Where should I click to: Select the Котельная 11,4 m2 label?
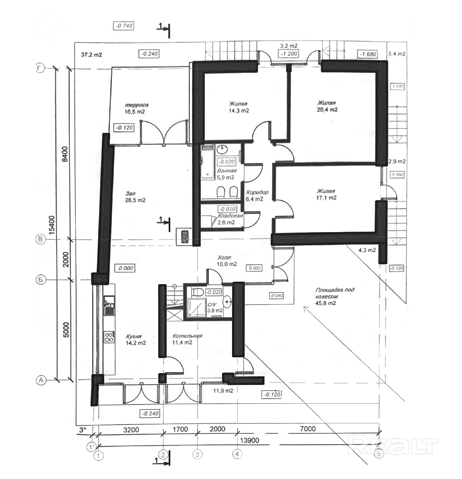(187, 339)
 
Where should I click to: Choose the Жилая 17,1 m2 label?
(325, 194)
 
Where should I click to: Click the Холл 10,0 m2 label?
(225, 261)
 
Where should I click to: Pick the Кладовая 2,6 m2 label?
(230, 219)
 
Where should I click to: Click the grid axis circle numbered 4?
(237, 454)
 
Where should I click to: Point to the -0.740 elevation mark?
(124, 26)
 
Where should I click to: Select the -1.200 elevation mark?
(288, 54)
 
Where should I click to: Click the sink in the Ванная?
(223, 150)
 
